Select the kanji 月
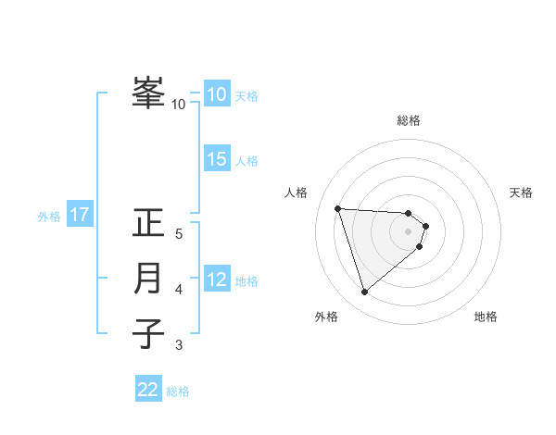coord(149,279)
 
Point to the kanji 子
coord(149,333)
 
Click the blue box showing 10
coord(217,94)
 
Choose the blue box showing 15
coord(217,159)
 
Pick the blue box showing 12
coord(217,279)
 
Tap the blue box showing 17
coord(80,216)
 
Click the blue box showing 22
coord(148,390)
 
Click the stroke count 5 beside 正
coord(179,234)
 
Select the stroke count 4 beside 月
coord(179,290)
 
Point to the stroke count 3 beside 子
coord(179,345)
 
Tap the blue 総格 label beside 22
coord(178,391)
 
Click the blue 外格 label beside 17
coord(49,217)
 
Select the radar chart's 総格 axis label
coord(409,120)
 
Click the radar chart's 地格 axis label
coord(486,317)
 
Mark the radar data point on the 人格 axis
coord(337,207)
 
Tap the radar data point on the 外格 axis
coord(365,292)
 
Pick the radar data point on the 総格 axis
coord(409,214)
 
